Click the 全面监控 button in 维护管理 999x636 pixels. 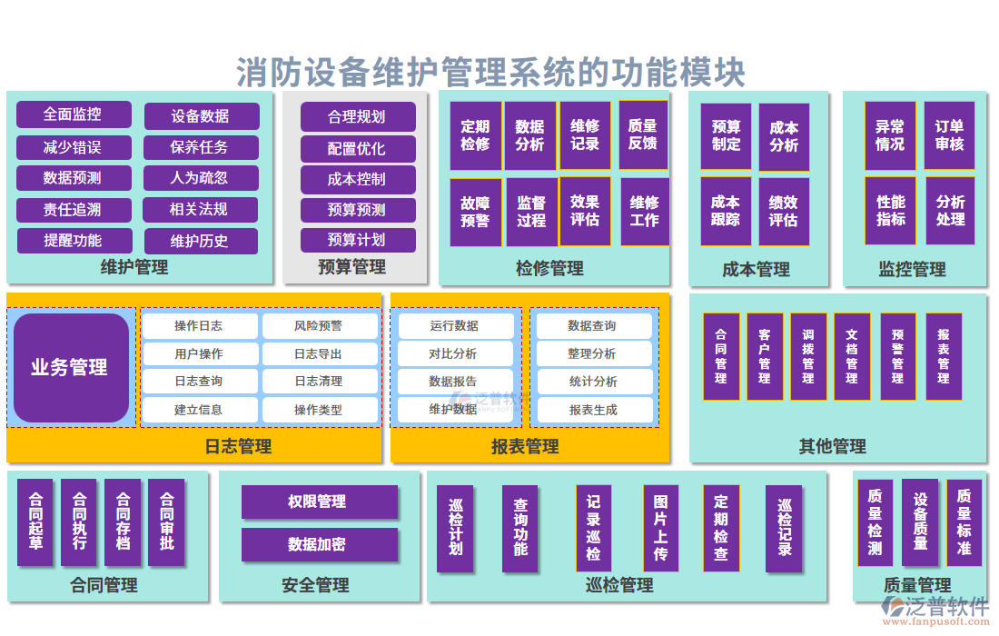(74, 114)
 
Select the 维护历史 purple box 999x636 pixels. (200, 241)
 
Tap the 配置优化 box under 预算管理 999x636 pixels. (357, 148)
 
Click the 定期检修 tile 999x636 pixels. (475, 135)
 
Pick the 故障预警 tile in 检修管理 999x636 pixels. (475, 212)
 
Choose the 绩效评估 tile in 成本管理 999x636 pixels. (783, 211)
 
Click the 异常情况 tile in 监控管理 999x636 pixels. (889, 135)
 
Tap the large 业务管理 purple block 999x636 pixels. (71, 367)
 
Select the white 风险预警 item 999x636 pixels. (320, 325)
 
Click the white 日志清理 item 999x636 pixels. (320, 382)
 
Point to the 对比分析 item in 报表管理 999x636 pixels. (453, 353)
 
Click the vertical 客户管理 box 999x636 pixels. (764, 356)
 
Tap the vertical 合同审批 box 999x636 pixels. (166, 522)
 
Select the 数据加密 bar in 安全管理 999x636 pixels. (319, 544)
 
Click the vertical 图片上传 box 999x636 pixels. (660, 527)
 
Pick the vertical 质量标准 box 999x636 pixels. (964, 522)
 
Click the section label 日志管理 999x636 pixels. (238, 446)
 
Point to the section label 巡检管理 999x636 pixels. (619, 585)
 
